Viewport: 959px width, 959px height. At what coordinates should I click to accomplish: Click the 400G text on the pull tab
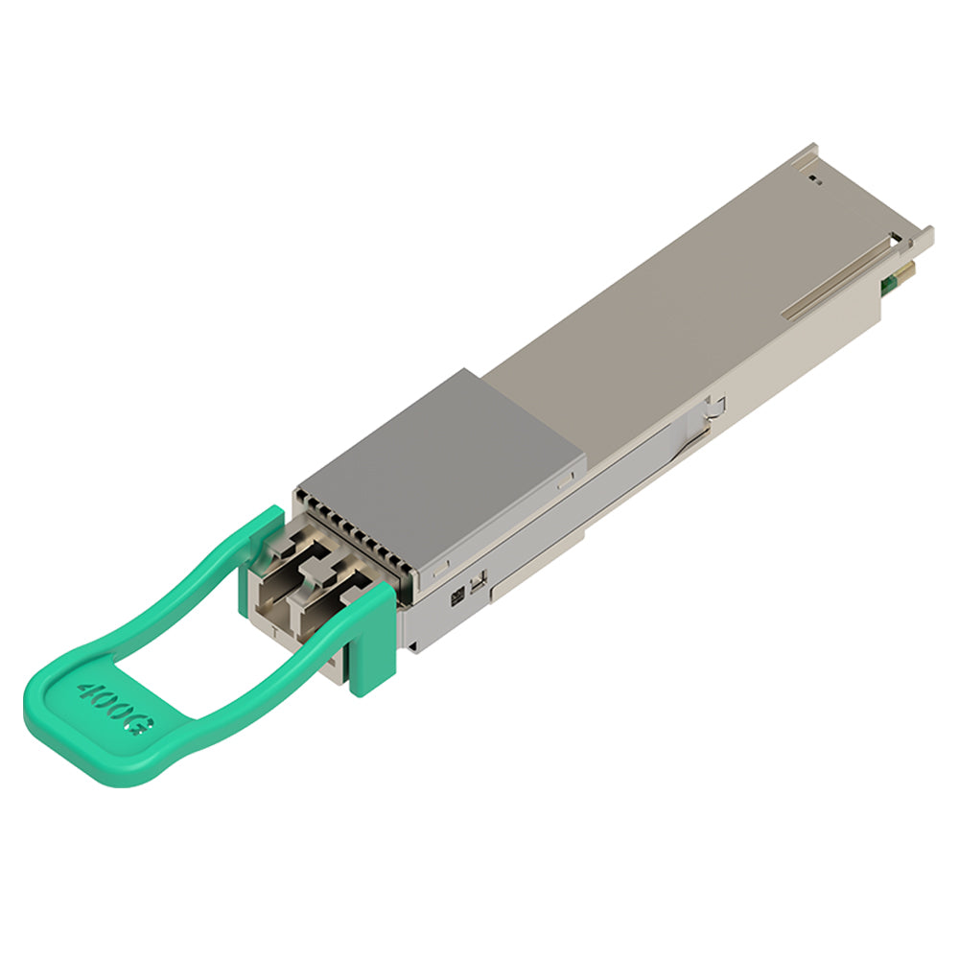115,709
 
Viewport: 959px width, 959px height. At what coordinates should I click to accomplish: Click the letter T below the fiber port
274,632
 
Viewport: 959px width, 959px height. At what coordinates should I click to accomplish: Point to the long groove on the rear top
836,279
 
